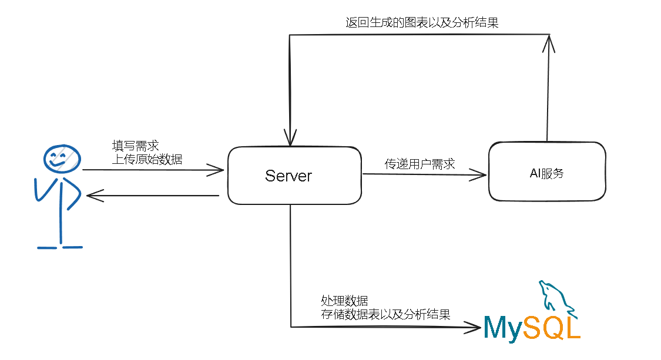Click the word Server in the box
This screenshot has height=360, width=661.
click(x=288, y=176)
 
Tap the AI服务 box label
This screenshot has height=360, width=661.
click(x=546, y=173)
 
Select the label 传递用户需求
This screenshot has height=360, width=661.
click(x=420, y=164)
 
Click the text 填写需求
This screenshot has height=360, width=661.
click(x=135, y=146)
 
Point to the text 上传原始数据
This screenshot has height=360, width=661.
click(x=147, y=159)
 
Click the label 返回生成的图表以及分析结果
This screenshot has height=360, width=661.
click(x=422, y=23)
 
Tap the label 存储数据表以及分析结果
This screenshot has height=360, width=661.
click(x=385, y=314)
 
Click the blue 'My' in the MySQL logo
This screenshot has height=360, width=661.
click(x=503, y=329)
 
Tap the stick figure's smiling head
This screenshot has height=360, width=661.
click(x=61, y=157)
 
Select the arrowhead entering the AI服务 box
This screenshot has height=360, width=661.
click(x=482, y=174)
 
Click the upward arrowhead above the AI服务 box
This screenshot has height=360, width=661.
click(x=549, y=41)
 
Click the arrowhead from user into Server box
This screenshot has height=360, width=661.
click(x=219, y=170)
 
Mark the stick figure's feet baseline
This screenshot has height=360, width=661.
click(x=60, y=247)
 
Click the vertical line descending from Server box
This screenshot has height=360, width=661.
click(x=290, y=264)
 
